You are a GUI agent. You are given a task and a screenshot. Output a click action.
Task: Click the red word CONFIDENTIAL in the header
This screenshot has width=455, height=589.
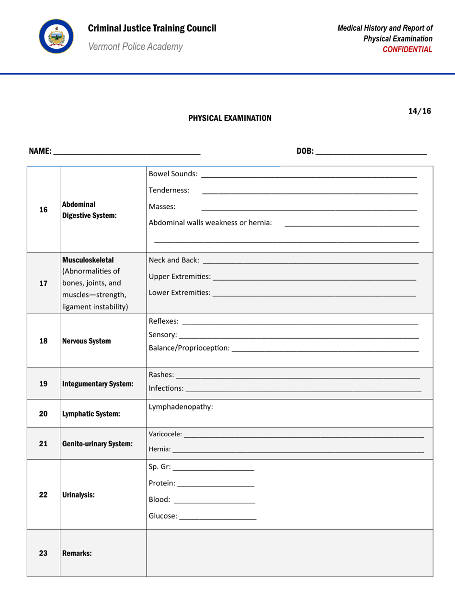[410, 49]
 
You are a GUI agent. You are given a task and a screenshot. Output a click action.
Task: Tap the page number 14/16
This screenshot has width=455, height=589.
[420, 111]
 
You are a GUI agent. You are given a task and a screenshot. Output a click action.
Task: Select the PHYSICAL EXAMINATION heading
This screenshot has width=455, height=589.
[229, 118]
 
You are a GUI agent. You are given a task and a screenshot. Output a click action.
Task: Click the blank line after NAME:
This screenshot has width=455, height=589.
[127, 152]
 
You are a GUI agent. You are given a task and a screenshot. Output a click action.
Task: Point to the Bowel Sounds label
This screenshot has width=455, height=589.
[172, 173]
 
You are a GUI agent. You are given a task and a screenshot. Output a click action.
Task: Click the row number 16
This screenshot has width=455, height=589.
[43, 209]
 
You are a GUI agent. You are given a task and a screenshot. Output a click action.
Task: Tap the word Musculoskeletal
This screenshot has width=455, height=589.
[88, 261]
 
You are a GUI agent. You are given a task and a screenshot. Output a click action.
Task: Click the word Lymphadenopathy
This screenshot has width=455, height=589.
[181, 407]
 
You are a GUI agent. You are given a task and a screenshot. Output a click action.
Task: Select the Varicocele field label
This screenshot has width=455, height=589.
[165, 434]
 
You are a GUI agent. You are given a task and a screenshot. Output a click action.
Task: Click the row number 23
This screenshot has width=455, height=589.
[43, 553]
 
